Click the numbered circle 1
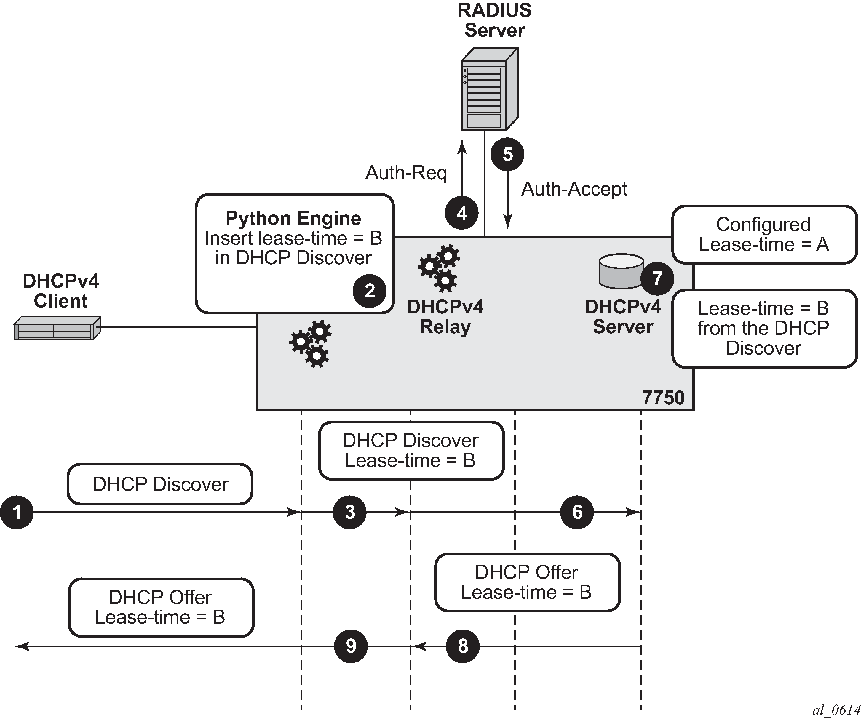pos(17,513)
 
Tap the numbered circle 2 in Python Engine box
pos(369,291)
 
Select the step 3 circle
pos(350,513)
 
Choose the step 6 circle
pos(577,513)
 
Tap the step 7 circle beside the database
pos(657,278)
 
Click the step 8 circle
pos(463,646)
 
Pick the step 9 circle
pos(351,646)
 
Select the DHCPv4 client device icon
pos(57,328)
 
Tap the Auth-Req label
pos(406,173)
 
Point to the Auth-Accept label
pos(574,189)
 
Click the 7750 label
pos(663,398)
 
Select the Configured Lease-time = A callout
pos(764,234)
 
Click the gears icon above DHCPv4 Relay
pos(439,268)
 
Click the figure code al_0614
pos(836,710)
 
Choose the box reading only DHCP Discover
pos(160,484)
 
